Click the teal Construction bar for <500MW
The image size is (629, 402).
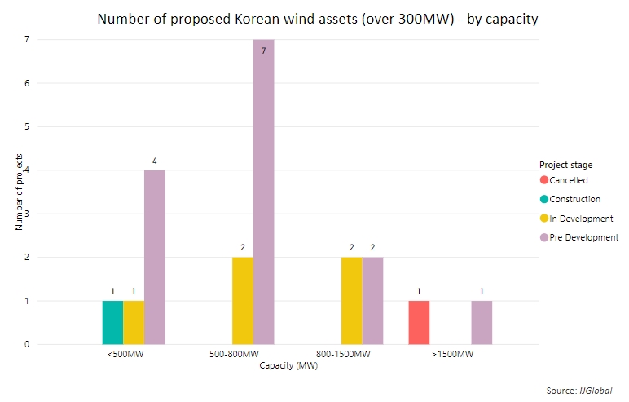(x=112, y=322)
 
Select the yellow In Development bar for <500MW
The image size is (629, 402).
(x=134, y=322)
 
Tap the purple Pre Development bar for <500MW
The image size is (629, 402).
(x=155, y=258)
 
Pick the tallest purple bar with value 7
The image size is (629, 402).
(x=263, y=192)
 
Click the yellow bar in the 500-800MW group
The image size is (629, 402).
(x=243, y=301)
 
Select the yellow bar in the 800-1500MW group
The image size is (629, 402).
(x=352, y=301)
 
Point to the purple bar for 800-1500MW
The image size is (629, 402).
(x=372, y=301)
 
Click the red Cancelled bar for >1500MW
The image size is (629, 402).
(x=420, y=322)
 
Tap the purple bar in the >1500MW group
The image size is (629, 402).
(x=482, y=322)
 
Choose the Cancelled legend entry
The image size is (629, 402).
(x=564, y=180)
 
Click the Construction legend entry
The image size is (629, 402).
(x=570, y=199)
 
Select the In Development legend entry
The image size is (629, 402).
(x=577, y=219)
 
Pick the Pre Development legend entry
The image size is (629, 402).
(x=579, y=237)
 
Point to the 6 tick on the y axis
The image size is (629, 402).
(x=27, y=83)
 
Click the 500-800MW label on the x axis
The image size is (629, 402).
(x=235, y=354)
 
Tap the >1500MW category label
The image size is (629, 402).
(x=452, y=354)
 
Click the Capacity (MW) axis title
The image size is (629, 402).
(x=288, y=366)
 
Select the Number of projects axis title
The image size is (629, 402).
(x=19, y=192)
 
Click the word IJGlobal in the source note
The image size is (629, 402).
(x=596, y=391)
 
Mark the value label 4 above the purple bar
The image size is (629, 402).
(x=155, y=161)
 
